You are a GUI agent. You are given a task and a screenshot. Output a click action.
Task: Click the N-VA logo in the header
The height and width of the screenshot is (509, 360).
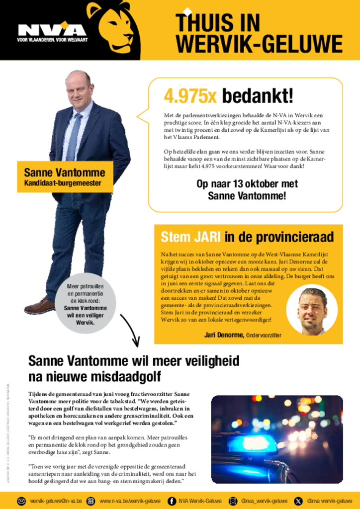[x=52, y=31]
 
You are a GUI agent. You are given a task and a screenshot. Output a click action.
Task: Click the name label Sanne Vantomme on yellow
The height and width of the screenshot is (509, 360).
[x=65, y=173]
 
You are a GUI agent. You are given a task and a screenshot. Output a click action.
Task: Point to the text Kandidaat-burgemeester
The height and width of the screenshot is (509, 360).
[x=63, y=184]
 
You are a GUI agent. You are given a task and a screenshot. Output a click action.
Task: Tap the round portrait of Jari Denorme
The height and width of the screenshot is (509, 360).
[x=312, y=311]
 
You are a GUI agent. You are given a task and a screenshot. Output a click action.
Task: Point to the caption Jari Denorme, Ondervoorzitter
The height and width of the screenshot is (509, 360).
[x=243, y=335]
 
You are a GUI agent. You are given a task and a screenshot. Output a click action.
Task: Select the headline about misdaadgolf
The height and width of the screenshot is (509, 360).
[x=134, y=368]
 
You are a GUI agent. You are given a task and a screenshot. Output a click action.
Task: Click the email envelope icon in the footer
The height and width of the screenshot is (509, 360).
[x=21, y=501]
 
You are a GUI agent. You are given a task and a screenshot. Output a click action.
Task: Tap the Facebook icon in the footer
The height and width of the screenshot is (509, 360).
[x=172, y=501]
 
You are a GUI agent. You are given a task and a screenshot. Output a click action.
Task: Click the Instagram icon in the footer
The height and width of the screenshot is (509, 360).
[x=233, y=501]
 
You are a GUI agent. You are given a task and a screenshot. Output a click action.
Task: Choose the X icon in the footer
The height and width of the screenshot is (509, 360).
[x=298, y=501]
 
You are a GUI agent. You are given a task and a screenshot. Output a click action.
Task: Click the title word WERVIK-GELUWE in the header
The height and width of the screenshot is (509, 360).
[x=259, y=44]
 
